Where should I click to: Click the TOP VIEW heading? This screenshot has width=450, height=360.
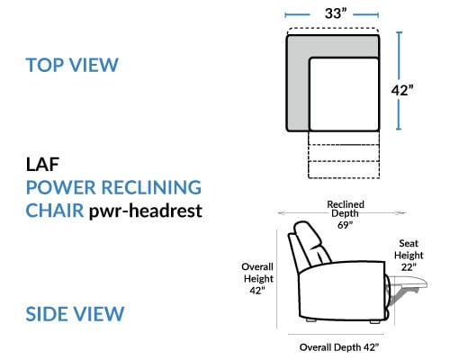(72, 65)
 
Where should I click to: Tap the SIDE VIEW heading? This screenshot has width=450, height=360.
(75, 314)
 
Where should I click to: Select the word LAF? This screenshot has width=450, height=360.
(42, 165)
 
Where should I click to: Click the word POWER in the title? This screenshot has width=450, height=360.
(61, 187)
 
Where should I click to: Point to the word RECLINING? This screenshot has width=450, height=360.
(151, 187)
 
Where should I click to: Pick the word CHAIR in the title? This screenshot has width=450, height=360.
(55, 211)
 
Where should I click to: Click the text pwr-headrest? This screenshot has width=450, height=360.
(146, 211)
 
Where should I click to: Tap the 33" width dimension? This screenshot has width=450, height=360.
(336, 13)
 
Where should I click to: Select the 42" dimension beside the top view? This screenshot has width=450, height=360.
(402, 90)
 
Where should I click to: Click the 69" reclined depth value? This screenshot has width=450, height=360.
(345, 225)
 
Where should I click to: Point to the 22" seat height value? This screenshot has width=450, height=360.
(409, 266)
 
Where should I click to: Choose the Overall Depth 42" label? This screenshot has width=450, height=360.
(339, 347)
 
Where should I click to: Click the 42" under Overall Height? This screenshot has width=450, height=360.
(257, 290)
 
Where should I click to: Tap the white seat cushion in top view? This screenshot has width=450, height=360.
(344, 94)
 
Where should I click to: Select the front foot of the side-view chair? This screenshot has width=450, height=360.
(375, 321)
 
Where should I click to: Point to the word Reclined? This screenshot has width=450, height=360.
(346, 204)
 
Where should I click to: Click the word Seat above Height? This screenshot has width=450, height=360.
(409, 243)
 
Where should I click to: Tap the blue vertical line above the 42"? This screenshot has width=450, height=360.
(399, 56)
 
